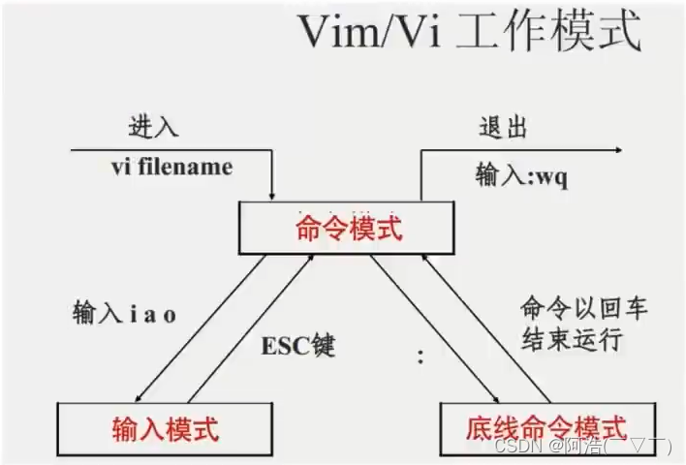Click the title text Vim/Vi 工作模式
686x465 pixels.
469,33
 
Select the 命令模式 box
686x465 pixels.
347,231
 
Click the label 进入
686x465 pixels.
153,127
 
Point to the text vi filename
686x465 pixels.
171,167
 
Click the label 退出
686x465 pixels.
503,128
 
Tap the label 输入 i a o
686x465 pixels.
124,313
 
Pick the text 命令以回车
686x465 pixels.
581,311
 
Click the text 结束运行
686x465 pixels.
573,342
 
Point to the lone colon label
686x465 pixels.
420,356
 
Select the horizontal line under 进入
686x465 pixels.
165,150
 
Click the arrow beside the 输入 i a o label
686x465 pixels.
201,327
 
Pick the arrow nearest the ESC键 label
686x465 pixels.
249,327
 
